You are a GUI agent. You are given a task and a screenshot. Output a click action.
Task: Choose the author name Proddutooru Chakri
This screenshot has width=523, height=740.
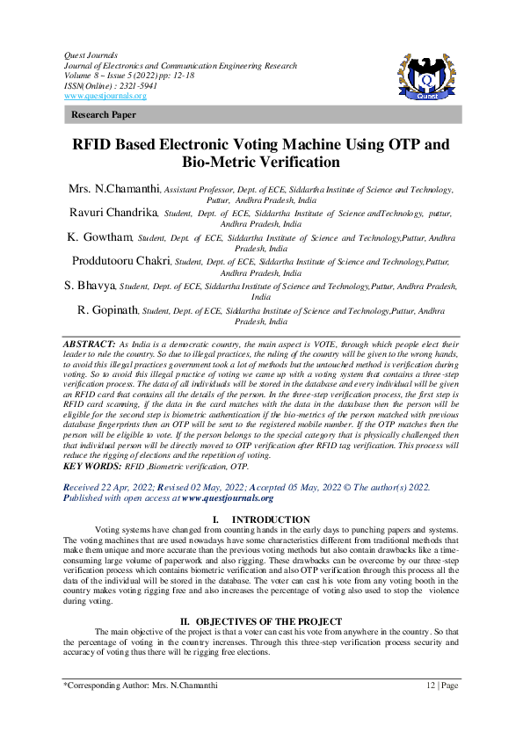coord(121,261)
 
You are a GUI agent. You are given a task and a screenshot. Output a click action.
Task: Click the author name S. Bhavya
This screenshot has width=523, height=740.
coord(91,286)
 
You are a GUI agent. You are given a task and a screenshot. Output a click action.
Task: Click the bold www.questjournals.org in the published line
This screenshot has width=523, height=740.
coord(227,497)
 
